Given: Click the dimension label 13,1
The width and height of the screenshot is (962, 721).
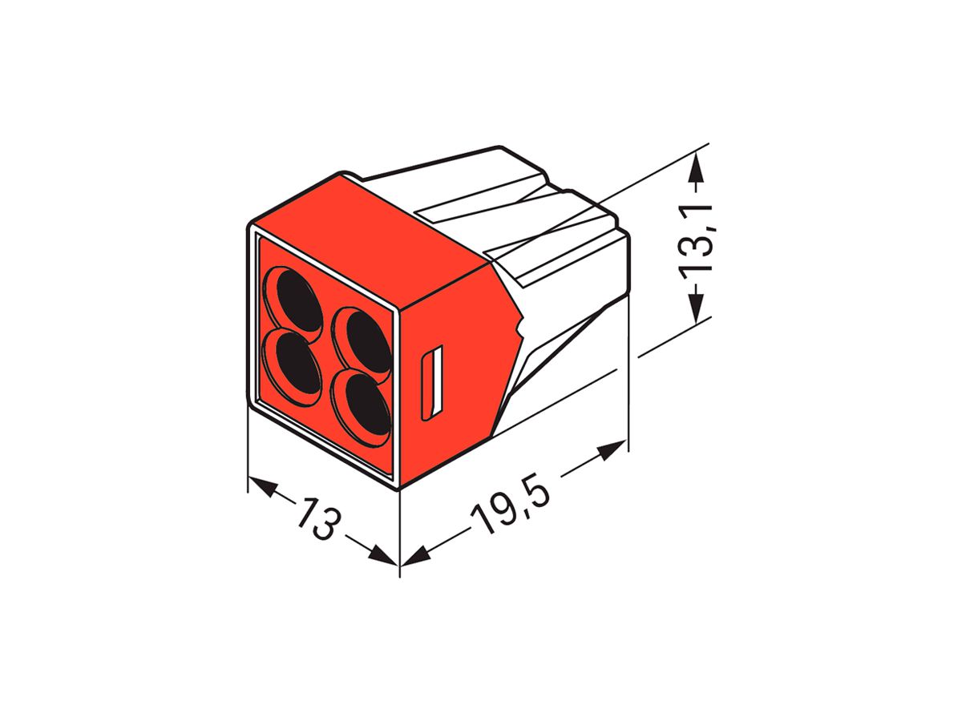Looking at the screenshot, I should click(697, 240).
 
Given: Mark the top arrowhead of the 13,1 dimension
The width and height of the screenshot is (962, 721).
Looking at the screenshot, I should click(698, 170).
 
